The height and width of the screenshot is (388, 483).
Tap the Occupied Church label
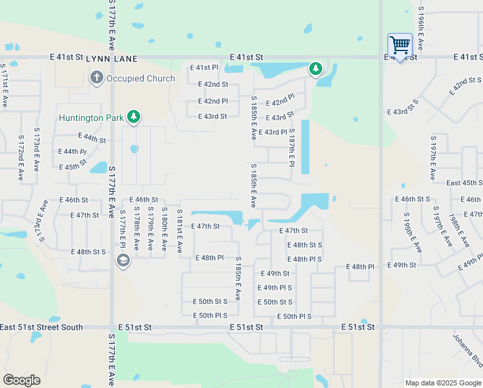pyautogui.click(x=141, y=79)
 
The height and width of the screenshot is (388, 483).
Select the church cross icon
pyautogui.click(x=96, y=79)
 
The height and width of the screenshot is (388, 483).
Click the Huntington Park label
pyautogui.click(x=91, y=118)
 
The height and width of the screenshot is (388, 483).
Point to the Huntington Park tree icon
pyautogui.click(x=134, y=117)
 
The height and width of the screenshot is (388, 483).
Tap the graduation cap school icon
pyautogui.click(x=123, y=261)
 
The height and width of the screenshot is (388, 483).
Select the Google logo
pyautogui.click(x=21, y=380)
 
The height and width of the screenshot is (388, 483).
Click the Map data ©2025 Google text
pyautogui.click(x=443, y=383)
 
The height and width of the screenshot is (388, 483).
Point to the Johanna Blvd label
pyautogui.click(x=467, y=349)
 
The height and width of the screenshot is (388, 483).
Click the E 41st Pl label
pyautogui.click(x=205, y=67)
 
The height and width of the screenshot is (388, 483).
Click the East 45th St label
pyautogui.click(x=464, y=183)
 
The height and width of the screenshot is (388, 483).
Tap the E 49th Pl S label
pyautogui.click(x=274, y=288)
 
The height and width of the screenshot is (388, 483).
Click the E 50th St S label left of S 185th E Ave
pyautogui.click(x=210, y=302)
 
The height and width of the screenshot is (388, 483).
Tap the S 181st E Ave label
pyautogui.click(x=180, y=231)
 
